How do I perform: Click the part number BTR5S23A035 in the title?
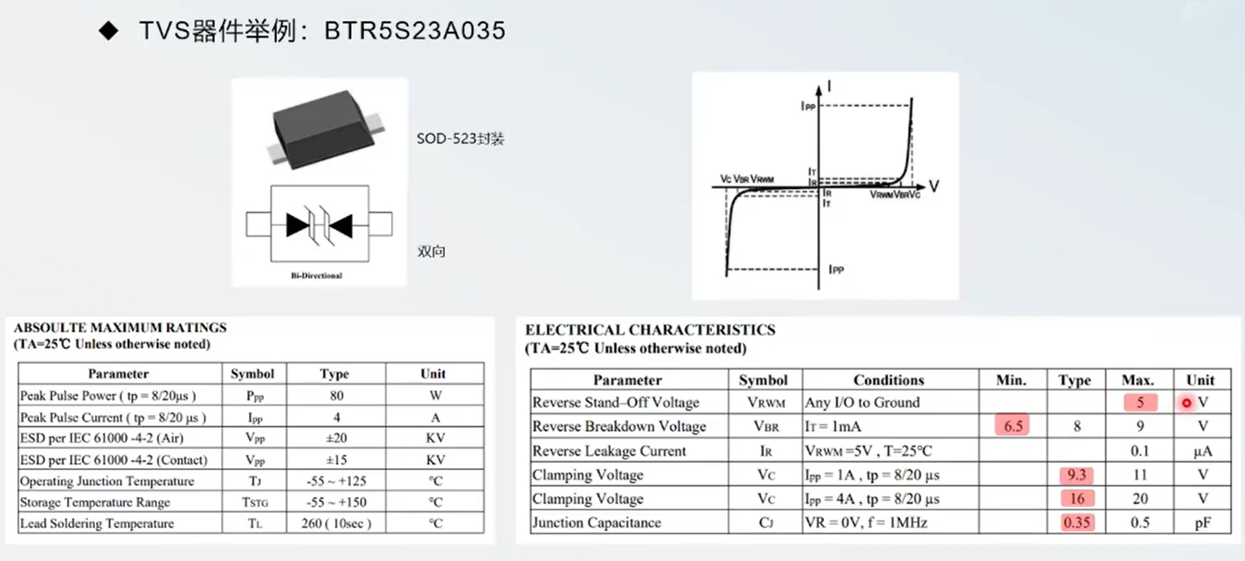coord(414,31)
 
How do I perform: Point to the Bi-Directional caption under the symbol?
coord(316,275)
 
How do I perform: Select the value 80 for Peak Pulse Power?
coord(336,395)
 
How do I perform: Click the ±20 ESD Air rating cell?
coord(336,437)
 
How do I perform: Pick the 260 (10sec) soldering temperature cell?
coord(336,523)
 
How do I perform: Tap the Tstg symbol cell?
coord(255,502)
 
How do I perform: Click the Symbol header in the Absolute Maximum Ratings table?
coord(252,374)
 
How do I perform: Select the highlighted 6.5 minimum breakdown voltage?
coord(1012,426)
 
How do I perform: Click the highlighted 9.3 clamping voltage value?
coord(1076,475)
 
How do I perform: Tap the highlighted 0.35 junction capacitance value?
coord(1076,522)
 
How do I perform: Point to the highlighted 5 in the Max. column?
coord(1140,402)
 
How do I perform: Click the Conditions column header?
coord(888,380)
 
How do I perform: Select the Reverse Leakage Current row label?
coord(609,451)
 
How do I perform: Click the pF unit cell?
coord(1202,522)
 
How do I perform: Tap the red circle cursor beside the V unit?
coord(1186,403)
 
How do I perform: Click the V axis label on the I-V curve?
coord(934,187)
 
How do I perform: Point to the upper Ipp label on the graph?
coord(807,106)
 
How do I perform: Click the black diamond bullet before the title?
coord(108,31)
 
